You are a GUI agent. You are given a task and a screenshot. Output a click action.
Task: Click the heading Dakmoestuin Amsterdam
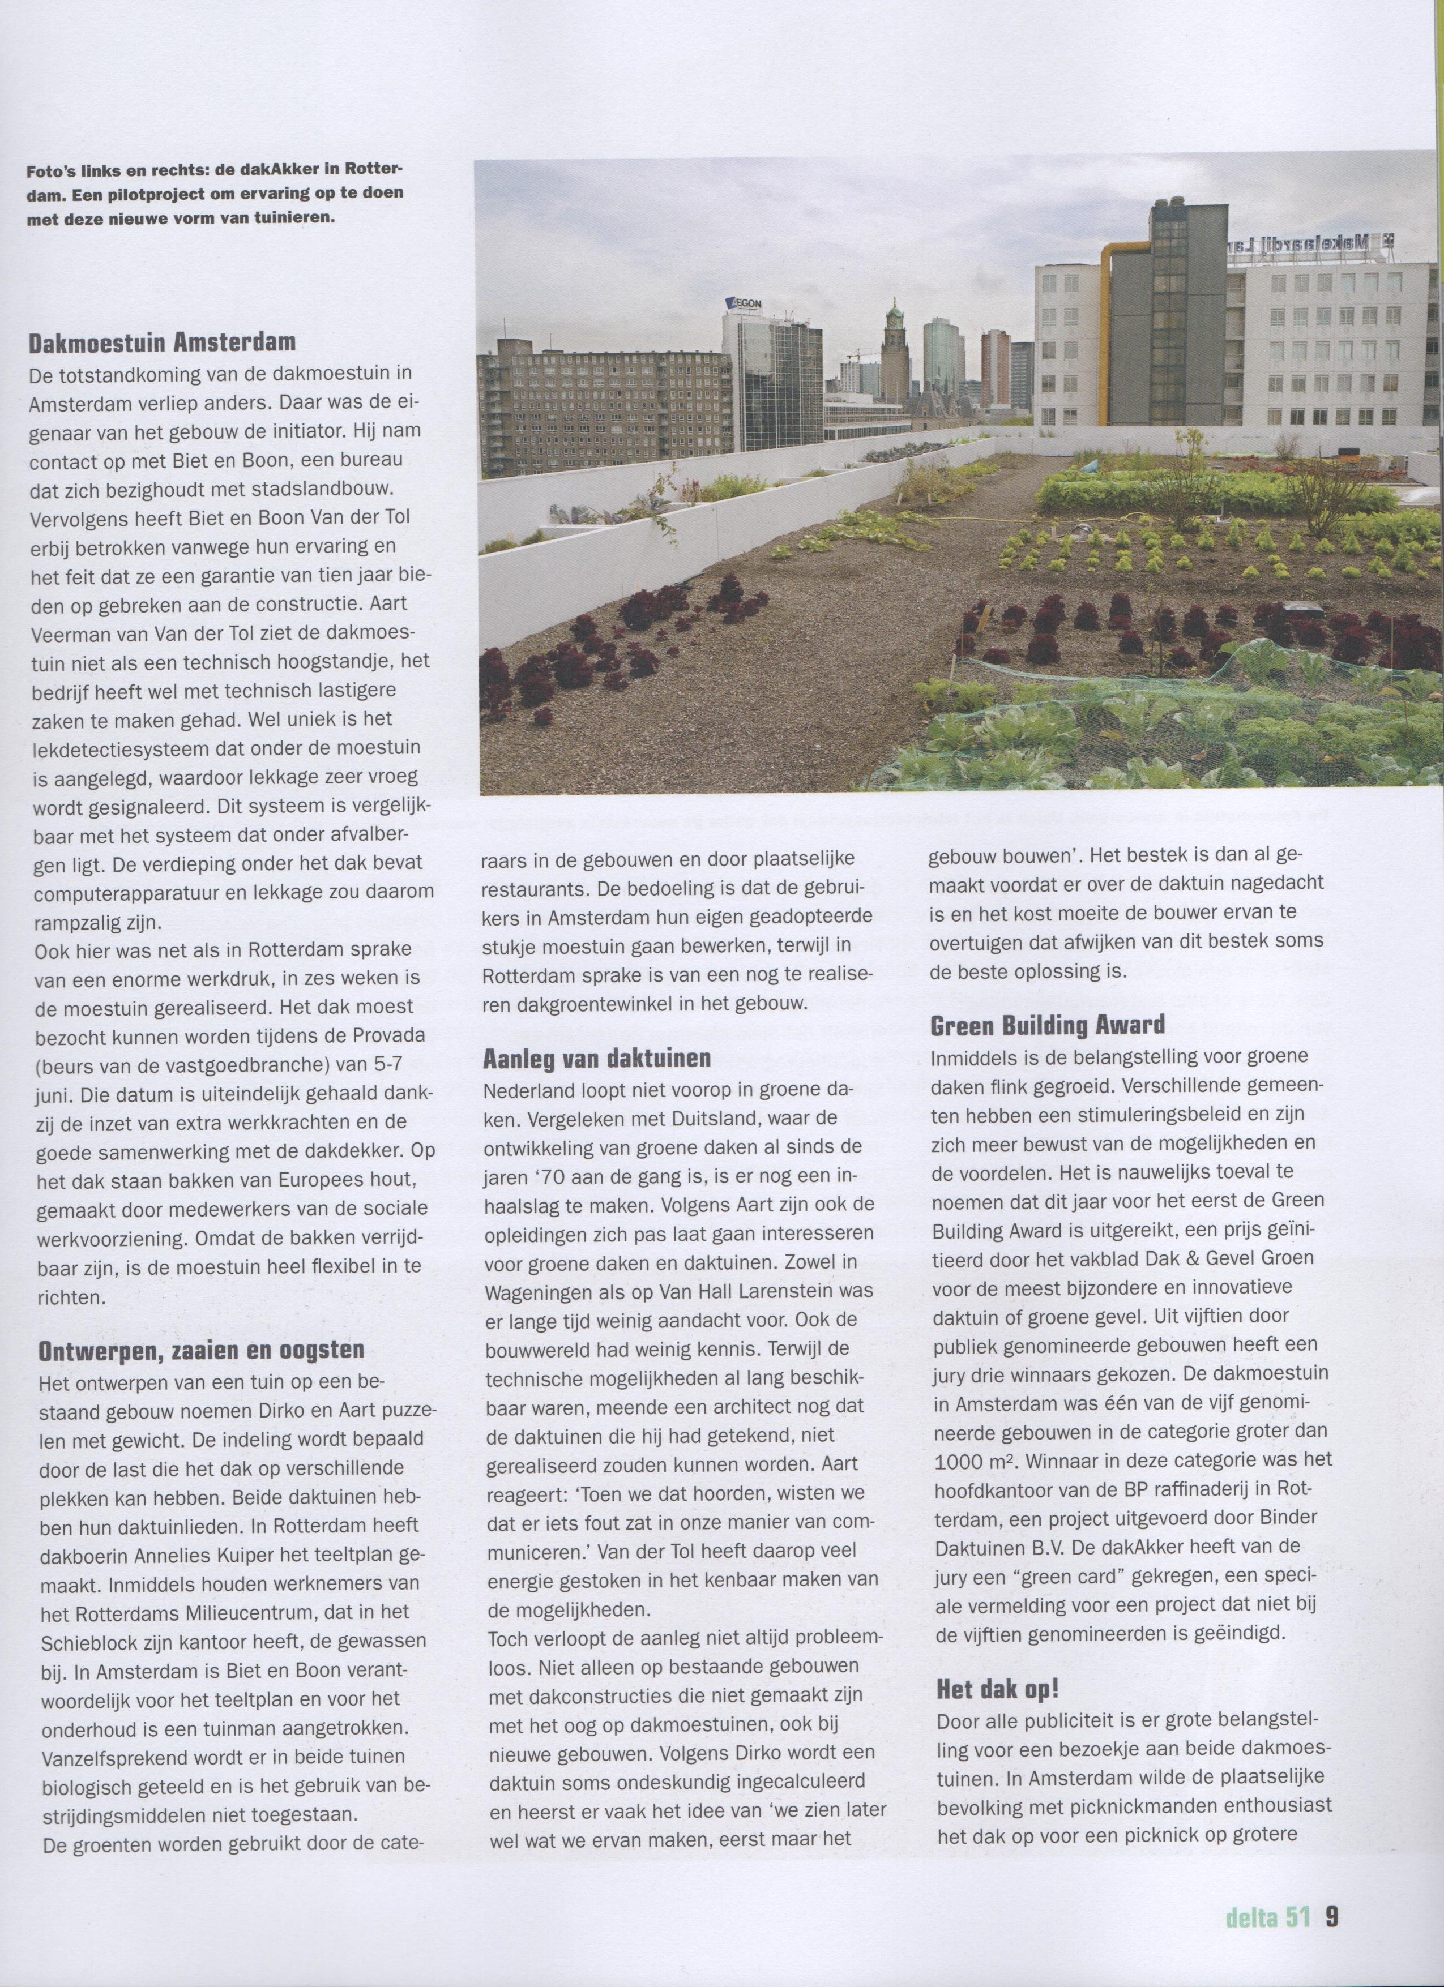(162, 342)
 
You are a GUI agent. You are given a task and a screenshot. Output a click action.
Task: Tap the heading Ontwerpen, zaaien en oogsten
(200, 1350)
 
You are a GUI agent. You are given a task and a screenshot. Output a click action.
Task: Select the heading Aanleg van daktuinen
(597, 1059)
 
